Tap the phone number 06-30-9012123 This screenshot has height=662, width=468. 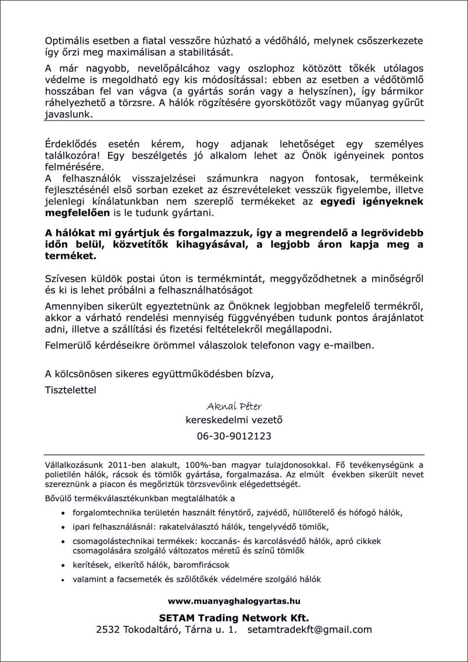point(234,436)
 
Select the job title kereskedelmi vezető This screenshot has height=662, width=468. point(234,420)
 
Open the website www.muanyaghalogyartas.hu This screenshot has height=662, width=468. point(234,601)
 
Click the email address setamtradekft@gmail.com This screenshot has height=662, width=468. point(310,630)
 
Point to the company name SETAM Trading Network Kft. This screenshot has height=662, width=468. point(234,618)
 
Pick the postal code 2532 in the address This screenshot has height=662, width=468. point(108,630)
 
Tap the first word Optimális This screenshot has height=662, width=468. point(68,42)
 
